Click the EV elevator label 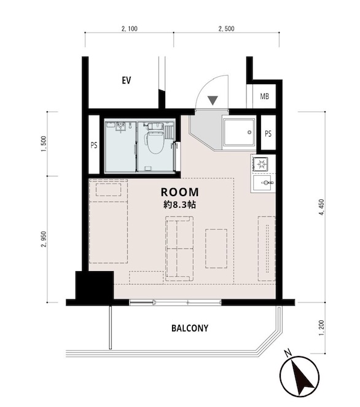point(127,80)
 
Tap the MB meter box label point(264,97)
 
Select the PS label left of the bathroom point(94,145)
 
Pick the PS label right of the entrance point(268,133)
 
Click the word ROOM point(180,192)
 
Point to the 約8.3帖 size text point(179,205)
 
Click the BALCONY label point(190,328)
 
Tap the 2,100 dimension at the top point(130,28)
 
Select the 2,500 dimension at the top point(227,28)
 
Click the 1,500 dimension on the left point(44,144)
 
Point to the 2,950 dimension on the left point(44,239)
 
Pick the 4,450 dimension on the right point(322,207)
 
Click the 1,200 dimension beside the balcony point(322,328)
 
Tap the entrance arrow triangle point(213,100)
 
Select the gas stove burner point(260,164)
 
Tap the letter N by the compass point(288,353)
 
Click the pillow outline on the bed point(108,190)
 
